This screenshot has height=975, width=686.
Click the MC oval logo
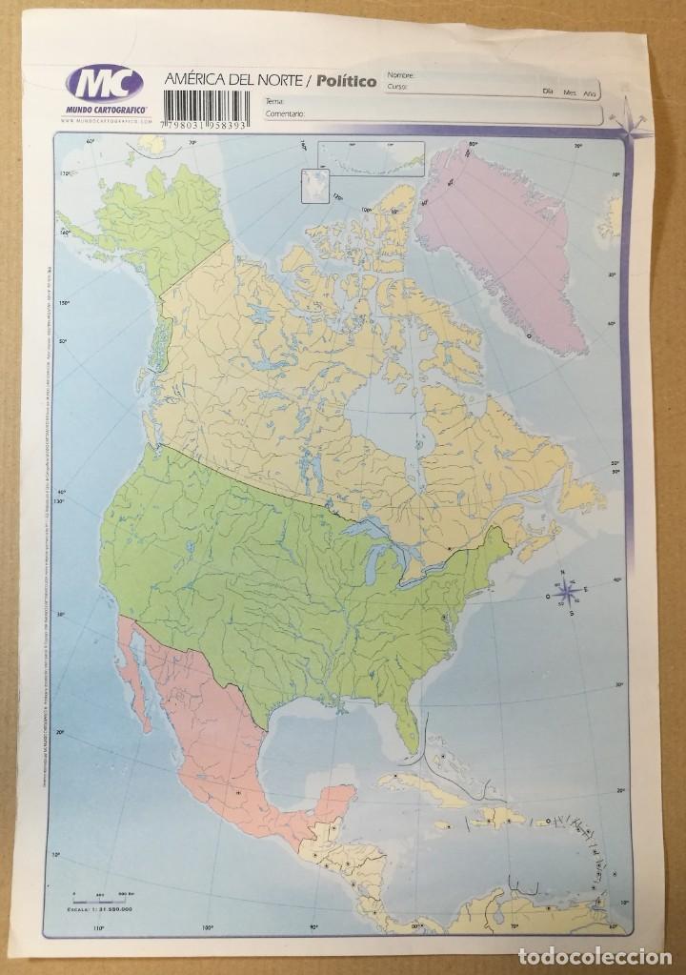click(102, 85)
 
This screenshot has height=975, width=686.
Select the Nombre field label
click(401, 74)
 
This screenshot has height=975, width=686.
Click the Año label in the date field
click(590, 91)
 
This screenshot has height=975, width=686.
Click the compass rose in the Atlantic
click(566, 592)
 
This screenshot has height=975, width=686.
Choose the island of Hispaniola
click(500, 818)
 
